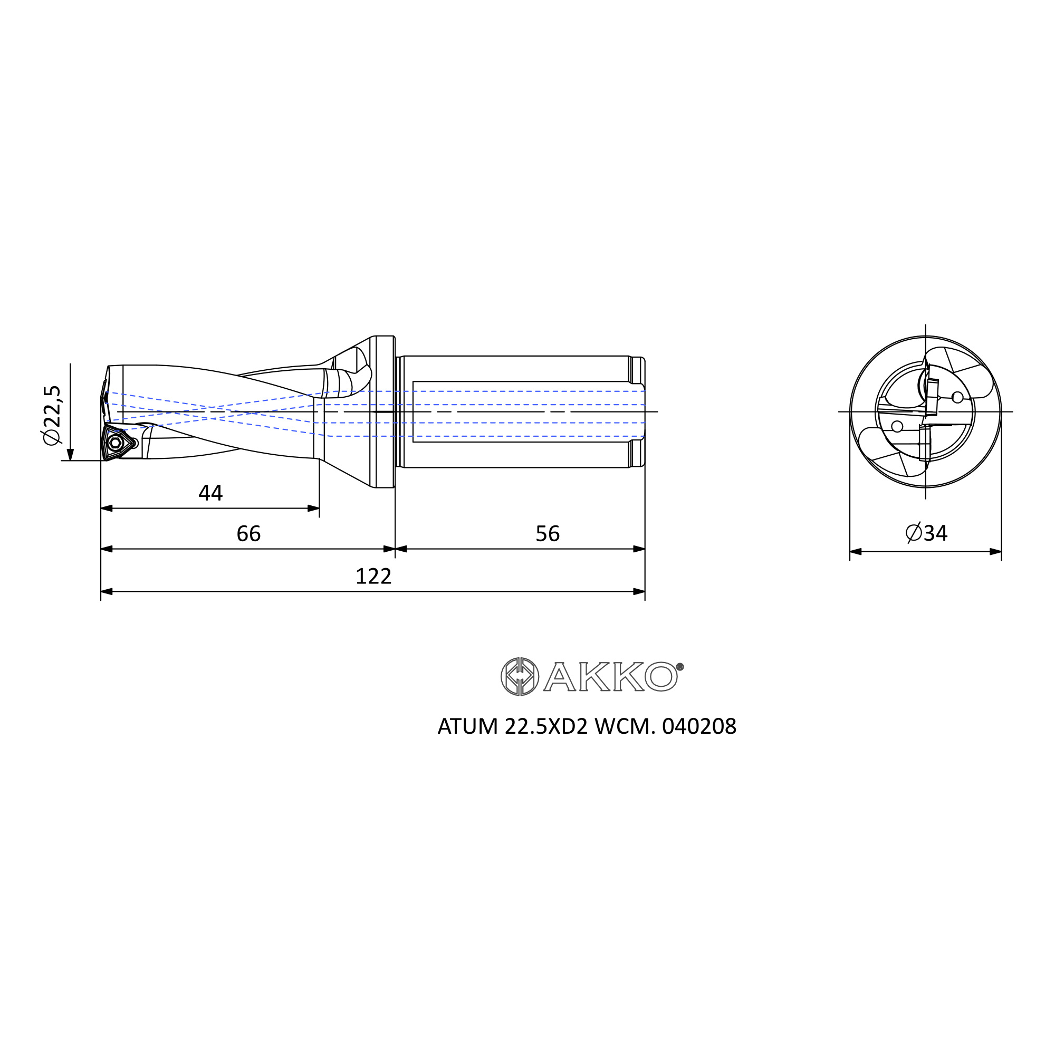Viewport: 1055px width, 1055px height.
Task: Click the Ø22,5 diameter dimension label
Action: [x=53, y=415]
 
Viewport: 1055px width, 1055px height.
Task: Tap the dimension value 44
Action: [x=210, y=493]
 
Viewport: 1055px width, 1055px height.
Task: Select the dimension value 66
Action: [x=248, y=533]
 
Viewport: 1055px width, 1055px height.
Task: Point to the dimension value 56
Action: [x=548, y=533]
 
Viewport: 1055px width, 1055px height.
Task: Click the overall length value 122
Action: [x=373, y=576]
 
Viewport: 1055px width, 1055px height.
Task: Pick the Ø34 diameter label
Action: [x=926, y=532]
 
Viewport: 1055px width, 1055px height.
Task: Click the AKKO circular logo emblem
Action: [x=520, y=677]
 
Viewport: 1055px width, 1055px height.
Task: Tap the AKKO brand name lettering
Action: [x=610, y=677]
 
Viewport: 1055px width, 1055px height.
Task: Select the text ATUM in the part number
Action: [x=468, y=727]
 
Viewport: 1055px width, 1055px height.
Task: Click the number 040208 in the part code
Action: [x=699, y=727]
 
